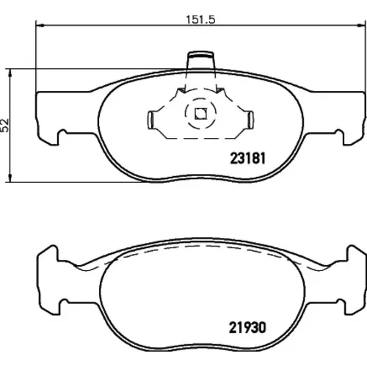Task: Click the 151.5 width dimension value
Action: [x=200, y=20]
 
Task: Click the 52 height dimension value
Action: [x=5, y=126]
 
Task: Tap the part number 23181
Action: [x=247, y=158]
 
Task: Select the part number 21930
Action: [x=247, y=327]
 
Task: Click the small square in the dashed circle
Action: [x=200, y=114]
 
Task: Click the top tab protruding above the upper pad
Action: [x=200, y=60]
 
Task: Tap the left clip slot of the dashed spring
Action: [x=150, y=120]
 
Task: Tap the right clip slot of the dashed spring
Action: [x=250, y=120]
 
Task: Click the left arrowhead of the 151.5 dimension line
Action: [x=40, y=25]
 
